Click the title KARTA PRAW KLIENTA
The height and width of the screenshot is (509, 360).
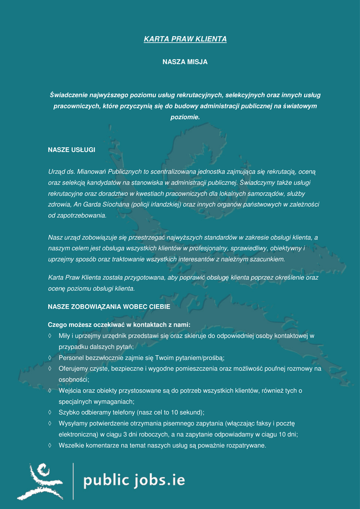click(185, 39)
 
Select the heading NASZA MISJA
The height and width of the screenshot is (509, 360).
click(185, 62)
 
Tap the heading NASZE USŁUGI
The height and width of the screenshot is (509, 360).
click(71, 150)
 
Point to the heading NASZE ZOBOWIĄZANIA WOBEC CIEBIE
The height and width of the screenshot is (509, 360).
click(109, 307)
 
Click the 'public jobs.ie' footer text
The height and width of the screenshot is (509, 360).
click(134, 481)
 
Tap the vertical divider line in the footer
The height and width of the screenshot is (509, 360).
click(73, 481)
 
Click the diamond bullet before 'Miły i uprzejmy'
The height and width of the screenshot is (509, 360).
click(50, 336)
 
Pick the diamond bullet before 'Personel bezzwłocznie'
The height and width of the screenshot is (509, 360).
click(50, 358)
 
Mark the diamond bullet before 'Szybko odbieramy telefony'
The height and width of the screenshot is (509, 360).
click(50, 413)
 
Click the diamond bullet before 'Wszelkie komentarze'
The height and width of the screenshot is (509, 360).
click(50, 445)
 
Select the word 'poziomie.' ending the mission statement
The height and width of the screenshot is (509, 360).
click(185, 117)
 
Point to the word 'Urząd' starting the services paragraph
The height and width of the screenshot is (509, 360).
click(56, 171)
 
